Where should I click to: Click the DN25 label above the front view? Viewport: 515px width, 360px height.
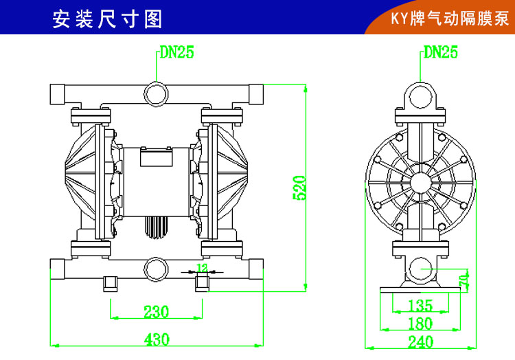tap(176, 52)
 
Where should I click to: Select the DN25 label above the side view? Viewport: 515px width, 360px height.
tap(440, 52)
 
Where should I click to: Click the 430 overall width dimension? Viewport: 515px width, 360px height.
tap(157, 339)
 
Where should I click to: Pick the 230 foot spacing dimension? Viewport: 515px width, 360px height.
tap(157, 312)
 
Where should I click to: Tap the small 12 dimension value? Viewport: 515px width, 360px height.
tap(203, 267)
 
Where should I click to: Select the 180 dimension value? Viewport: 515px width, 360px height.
tap(420, 323)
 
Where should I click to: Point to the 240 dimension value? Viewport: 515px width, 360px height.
tap(420, 341)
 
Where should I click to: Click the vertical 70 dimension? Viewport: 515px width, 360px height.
tap(465, 278)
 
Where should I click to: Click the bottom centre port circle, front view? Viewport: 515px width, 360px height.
tap(156, 266)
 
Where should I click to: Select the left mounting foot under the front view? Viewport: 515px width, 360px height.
tap(111, 282)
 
